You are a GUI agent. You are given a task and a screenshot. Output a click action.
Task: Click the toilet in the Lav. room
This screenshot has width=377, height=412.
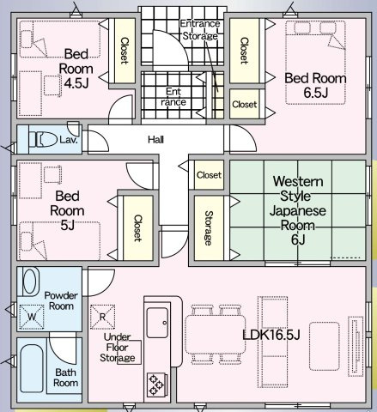click(x=43, y=139)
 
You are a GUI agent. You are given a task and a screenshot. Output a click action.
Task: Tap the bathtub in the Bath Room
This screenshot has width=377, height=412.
click(x=32, y=369)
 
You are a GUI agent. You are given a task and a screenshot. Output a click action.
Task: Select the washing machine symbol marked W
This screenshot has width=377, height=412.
click(x=32, y=317)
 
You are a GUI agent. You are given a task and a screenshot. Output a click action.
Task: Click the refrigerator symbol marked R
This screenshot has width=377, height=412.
click(x=102, y=317)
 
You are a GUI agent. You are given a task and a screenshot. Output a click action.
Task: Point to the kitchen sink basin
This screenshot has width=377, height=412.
click(x=157, y=323)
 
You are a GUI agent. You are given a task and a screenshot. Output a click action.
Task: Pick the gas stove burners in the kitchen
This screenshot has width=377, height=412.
click(x=157, y=384)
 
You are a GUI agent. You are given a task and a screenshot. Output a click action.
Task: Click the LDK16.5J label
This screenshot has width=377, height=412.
click(x=271, y=335)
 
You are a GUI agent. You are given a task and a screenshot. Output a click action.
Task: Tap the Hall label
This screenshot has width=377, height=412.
click(x=156, y=140)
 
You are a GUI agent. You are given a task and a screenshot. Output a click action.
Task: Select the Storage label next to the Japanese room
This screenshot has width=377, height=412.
click(x=209, y=228)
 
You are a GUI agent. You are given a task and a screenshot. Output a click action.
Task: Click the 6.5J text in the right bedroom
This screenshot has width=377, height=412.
click(x=315, y=93)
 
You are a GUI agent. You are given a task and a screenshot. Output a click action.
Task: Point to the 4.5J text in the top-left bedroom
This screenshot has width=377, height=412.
click(x=76, y=83)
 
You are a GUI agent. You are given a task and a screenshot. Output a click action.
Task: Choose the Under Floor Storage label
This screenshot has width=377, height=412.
click(x=118, y=348)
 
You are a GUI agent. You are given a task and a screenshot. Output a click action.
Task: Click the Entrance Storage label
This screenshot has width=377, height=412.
click(x=200, y=29)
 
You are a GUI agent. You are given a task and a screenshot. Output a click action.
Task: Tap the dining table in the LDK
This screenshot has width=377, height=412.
click(x=215, y=335)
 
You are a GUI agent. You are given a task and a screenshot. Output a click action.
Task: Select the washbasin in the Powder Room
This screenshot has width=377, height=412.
click(x=30, y=282)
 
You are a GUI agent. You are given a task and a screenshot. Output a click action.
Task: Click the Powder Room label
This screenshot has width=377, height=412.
click(x=61, y=300)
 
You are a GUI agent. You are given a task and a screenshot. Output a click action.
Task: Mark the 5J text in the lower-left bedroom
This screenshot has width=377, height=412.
click(x=68, y=226)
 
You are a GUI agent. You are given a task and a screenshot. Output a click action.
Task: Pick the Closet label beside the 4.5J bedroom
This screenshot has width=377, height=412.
click(x=125, y=51)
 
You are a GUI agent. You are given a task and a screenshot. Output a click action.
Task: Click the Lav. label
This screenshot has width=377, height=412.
click(x=69, y=140)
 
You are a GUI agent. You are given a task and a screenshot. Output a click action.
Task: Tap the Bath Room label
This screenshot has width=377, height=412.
click(x=65, y=378)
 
